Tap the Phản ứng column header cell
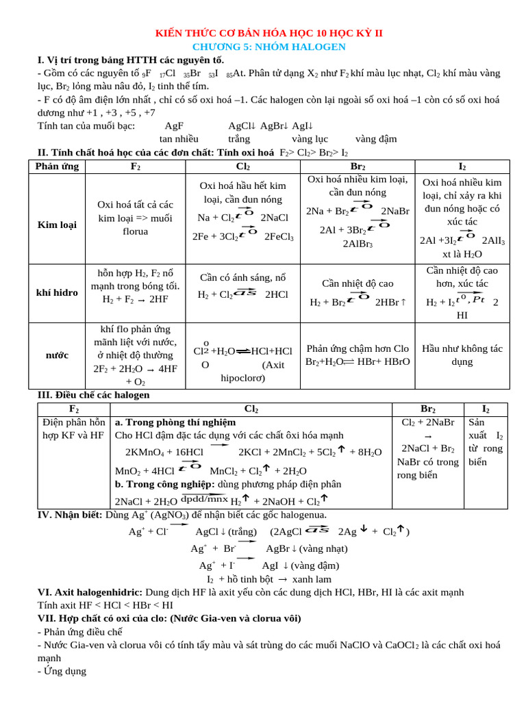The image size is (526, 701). pos(57,166)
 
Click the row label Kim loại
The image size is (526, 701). pos(57,224)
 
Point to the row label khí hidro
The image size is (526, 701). pos(57,292)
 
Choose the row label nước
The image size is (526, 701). pos(57,355)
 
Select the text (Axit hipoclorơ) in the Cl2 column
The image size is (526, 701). pos(254,371)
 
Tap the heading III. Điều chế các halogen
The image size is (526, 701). pos(93,395)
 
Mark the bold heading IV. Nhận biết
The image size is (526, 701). pos(70,515)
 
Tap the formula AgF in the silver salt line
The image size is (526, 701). pos(174,126)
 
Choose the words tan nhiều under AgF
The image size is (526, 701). pos(179,139)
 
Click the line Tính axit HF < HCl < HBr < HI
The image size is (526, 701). pos(105,605)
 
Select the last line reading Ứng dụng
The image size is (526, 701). pos(64,672)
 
